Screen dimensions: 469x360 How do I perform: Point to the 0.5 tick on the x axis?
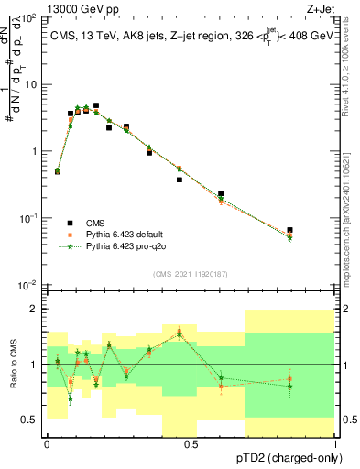pyautogui.click(x=191, y=443)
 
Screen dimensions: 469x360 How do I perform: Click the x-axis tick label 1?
pyautogui.click(x=336, y=443)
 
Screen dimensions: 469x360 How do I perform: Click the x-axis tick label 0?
pyautogui.click(x=47, y=443)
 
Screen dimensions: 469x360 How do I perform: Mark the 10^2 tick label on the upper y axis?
pyautogui.click(x=27, y=18)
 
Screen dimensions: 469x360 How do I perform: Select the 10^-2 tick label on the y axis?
pyautogui.click(x=27, y=286)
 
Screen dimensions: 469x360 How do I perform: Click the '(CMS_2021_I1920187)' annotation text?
pyautogui.click(x=191, y=274)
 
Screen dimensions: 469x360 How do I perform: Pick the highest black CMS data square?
pyautogui.click(x=96, y=105)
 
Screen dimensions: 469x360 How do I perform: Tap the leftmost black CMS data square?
pyautogui.click(x=58, y=171)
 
